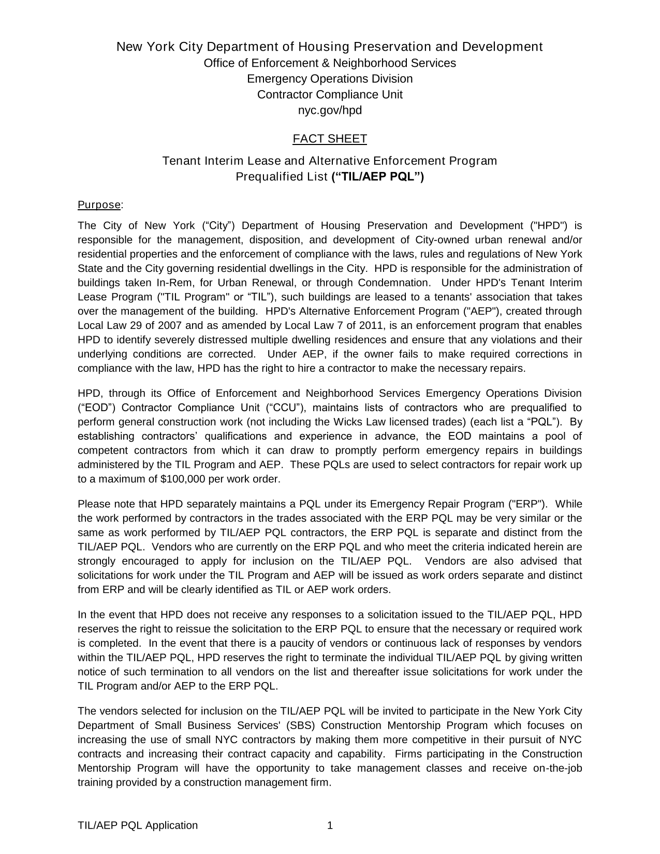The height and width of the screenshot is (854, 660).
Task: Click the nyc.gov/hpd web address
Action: click(330, 110)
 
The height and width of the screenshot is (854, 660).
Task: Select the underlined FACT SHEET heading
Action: click(330, 139)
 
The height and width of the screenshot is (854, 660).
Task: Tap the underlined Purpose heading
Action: click(99, 205)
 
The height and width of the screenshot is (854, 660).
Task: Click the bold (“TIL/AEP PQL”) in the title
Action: click(377, 177)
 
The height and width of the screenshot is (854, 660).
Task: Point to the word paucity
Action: click(302, 643)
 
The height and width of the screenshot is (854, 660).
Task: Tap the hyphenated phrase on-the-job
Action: click(558, 768)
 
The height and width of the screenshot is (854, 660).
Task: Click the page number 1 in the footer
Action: click(330, 826)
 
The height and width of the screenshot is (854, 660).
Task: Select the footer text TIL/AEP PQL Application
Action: click(138, 826)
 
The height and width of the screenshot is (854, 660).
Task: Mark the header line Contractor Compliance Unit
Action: click(330, 95)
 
